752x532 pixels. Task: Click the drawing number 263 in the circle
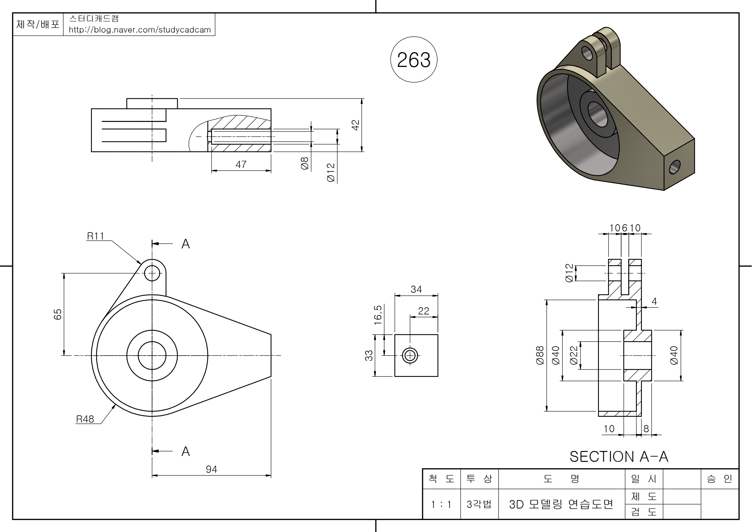point(414,60)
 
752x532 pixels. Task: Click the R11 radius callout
point(95,236)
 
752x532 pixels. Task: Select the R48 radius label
point(85,419)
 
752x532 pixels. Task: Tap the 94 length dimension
point(211,469)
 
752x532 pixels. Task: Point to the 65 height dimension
point(58,314)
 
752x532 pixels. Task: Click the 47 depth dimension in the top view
point(241,164)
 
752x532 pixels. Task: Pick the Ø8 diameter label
point(304,163)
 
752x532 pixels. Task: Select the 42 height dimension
point(355,125)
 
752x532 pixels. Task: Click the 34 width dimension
point(416,289)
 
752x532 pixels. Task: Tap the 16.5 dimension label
point(378,315)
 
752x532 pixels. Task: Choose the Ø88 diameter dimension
point(540,355)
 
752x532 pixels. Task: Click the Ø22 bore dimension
point(574,355)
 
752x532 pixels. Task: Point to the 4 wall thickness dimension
point(654,301)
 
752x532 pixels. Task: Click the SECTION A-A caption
point(619,456)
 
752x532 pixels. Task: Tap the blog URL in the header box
point(140,30)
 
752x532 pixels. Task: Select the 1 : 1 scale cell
point(441,504)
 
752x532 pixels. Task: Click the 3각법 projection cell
point(479,504)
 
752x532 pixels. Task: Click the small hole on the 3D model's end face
point(675,167)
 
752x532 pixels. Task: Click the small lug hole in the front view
point(152,273)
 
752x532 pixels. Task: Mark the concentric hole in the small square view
point(410,355)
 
